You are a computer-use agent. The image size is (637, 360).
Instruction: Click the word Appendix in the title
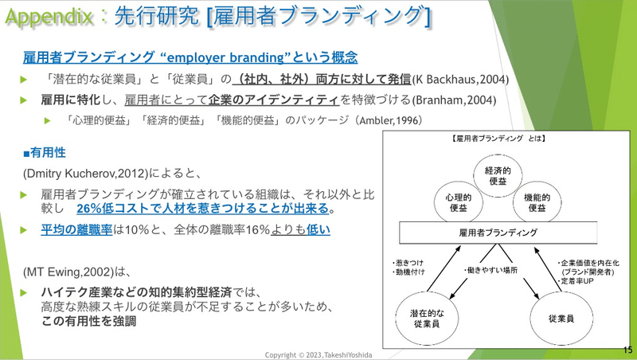49,17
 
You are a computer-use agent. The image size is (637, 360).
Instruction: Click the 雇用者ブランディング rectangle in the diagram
498,233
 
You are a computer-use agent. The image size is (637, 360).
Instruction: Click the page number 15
627,350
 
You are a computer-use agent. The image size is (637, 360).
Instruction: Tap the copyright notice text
318,354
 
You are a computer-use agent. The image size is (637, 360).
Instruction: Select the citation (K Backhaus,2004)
460,79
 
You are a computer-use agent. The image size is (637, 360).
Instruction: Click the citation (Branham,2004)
454,100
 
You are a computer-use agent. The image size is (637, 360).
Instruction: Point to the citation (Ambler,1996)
389,120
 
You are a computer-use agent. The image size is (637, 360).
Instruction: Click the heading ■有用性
45,153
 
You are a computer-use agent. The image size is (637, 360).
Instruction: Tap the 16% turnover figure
257,230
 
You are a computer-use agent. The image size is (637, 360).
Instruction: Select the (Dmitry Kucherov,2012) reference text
86,174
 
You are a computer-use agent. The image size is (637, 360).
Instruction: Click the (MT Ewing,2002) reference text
68,272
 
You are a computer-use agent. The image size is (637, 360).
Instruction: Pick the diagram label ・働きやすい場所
490,270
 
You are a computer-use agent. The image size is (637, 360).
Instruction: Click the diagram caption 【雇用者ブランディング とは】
498,139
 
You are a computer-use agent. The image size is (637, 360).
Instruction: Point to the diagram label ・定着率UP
575,281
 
